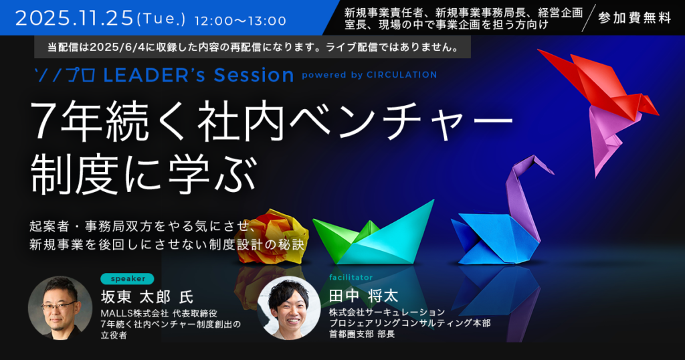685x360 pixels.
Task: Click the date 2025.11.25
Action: point(74,18)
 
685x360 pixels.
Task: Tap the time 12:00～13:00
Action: point(240,21)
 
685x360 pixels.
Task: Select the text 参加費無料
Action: point(634,18)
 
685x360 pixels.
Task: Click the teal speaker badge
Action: point(127,279)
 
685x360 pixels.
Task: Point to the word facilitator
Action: point(351,278)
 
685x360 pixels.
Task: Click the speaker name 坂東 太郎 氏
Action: point(147,297)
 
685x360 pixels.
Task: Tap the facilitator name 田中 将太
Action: point(363,296)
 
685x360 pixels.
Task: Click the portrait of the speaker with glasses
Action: point(60,308)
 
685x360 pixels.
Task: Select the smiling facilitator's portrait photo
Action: point(289,308)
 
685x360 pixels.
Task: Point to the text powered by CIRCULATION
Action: point(369,75)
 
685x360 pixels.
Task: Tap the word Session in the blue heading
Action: point(254,75)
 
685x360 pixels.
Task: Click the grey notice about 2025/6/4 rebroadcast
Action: point(252,48)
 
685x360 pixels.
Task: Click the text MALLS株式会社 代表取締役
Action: point(159,313)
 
